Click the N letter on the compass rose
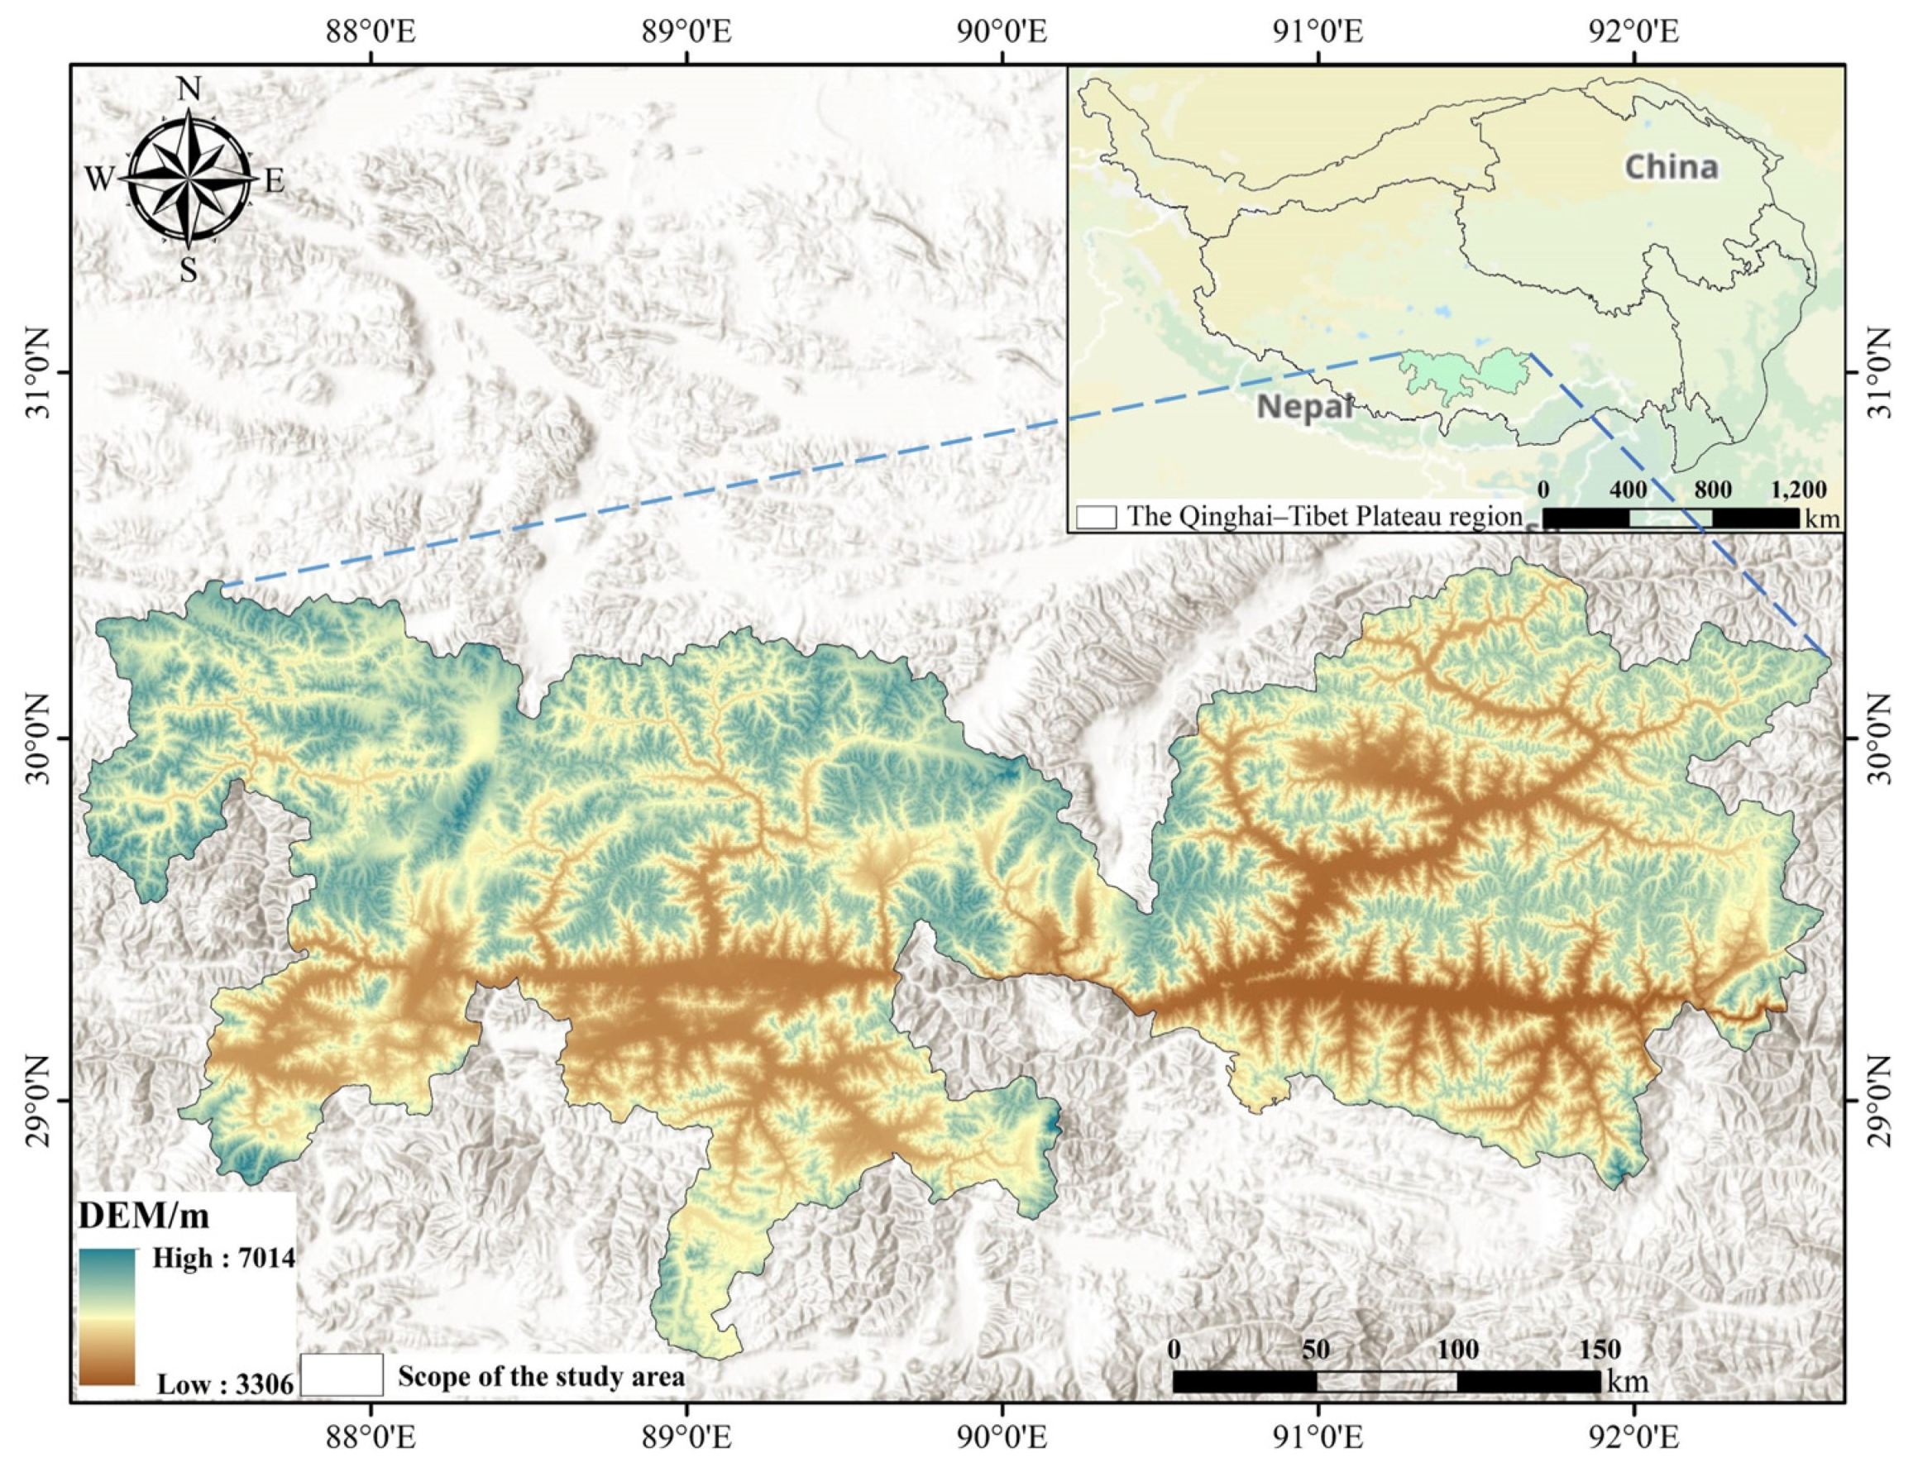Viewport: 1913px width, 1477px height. pos(189,89)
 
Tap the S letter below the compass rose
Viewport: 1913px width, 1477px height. pos(189,271)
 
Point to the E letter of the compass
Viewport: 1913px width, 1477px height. pos(274,181)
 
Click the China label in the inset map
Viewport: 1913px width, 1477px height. pos(1671,166)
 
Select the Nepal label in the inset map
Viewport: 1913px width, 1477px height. pos(1304,407)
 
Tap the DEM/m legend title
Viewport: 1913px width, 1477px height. pos(145,1216)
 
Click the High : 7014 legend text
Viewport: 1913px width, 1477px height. pos(223,1259)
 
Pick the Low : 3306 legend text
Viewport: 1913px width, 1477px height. pos(225,1385)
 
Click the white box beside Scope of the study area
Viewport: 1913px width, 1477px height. pos(342,1375)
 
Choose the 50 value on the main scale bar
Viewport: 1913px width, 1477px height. pos(1315,1349)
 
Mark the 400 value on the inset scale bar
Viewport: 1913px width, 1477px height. pos(1628,490)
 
